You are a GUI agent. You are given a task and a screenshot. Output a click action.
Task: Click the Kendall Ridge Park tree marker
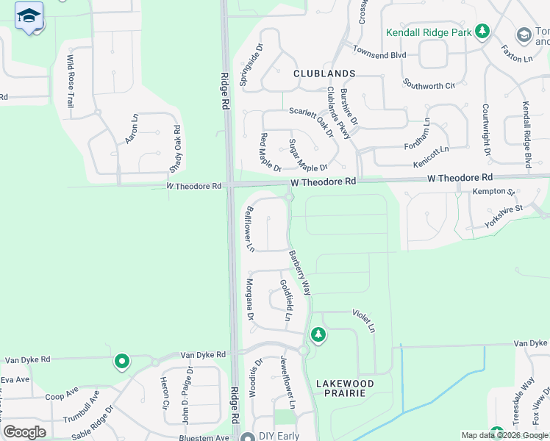coord(482,32)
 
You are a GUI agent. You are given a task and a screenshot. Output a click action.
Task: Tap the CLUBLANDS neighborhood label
coord(324,73)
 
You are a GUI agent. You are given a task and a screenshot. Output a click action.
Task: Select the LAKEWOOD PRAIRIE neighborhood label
coord(345,388)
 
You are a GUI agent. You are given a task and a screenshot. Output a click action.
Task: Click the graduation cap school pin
coord(29,15)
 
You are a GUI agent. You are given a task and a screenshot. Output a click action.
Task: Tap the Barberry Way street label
coord(300,273)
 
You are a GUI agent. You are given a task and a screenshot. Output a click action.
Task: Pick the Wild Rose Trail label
coord(71,82)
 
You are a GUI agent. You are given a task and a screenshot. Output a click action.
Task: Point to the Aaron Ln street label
coord(132,128)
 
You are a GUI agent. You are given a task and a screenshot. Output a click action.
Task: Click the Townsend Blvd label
coord(379,54)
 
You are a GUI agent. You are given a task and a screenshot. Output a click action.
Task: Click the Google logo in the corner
coord(24,432)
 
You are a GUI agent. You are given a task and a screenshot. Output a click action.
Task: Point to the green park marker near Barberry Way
coord(318,335)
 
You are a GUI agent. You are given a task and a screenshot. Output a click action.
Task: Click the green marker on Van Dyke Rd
coord(121,362)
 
